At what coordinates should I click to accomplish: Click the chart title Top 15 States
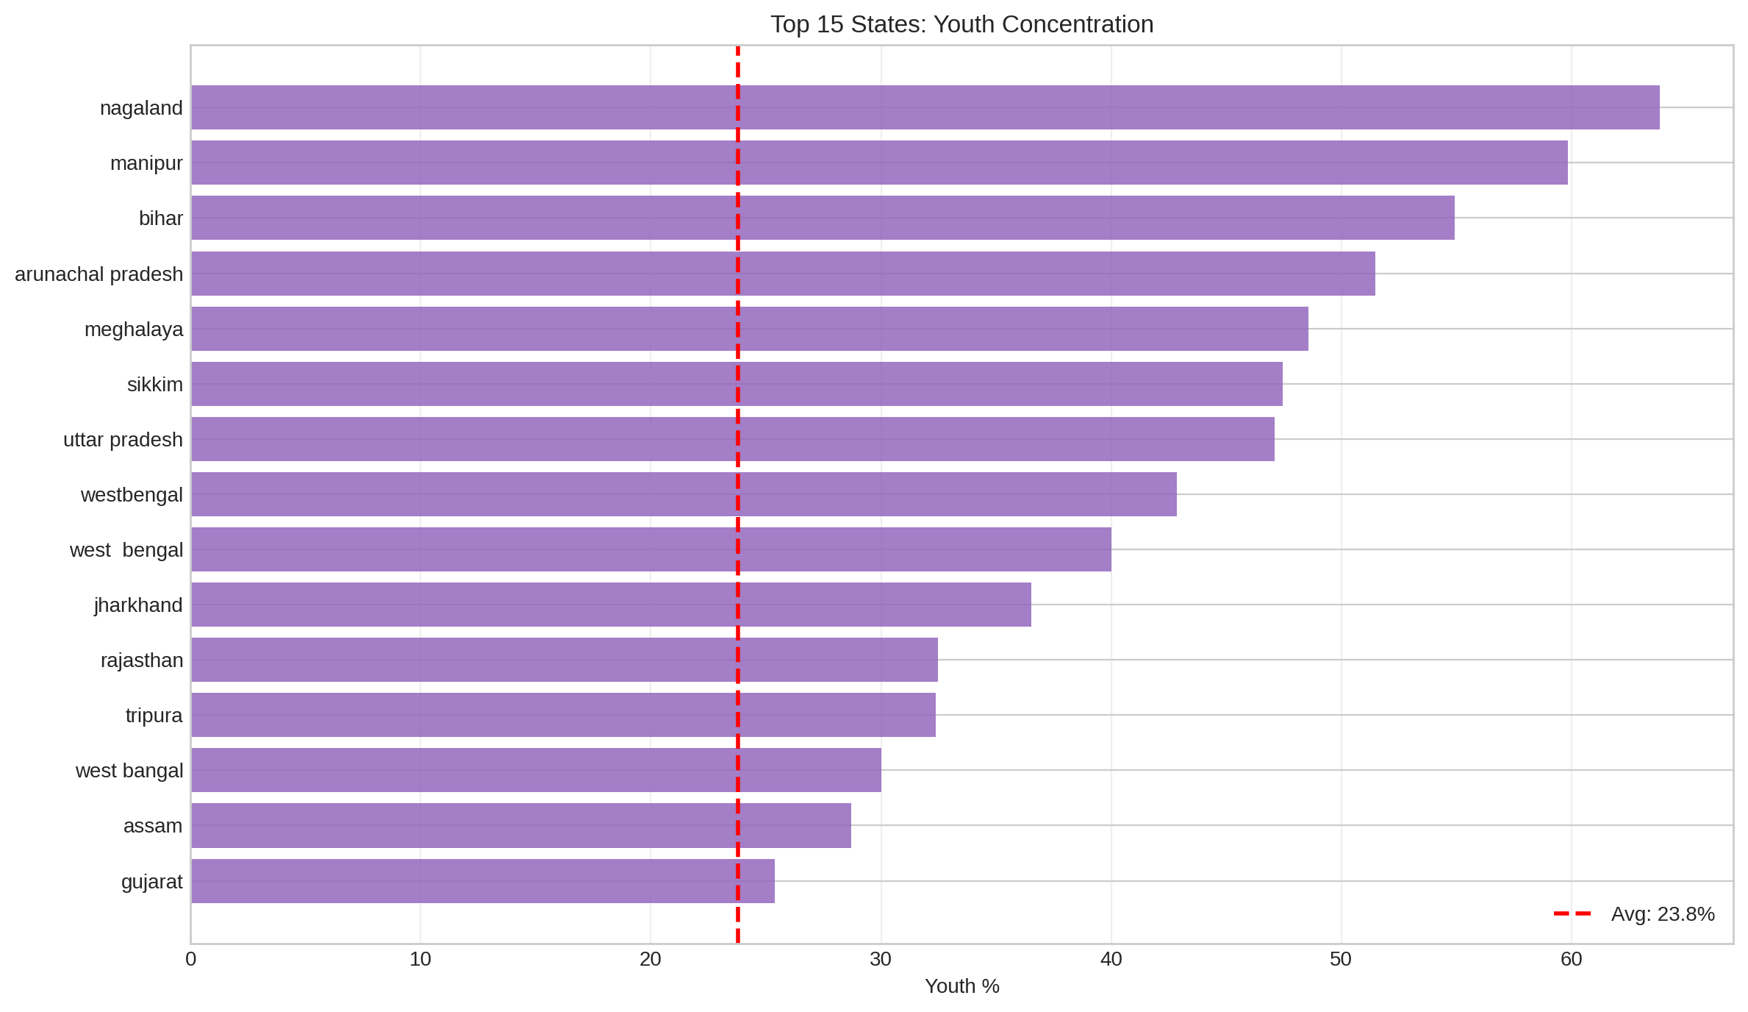[961, 24]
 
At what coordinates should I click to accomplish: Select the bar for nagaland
[925, 107]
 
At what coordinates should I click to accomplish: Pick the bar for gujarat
[482, 881]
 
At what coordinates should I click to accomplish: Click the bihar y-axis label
[160, 218]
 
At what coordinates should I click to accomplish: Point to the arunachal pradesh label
[98, 274]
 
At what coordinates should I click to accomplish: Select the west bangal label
[129, 771]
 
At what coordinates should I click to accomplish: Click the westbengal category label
[131, 495]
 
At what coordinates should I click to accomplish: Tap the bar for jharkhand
[610, 605]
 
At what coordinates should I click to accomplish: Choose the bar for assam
[520, 825]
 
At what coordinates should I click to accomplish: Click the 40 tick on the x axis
[1111, 960]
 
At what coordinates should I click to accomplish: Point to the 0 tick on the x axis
[191, 960]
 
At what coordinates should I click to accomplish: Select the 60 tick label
[1571, 960]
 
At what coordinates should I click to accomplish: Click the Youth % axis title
[961, 986]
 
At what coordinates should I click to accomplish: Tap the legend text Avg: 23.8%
[1663, 914]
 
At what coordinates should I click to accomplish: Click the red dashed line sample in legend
[1572, 914]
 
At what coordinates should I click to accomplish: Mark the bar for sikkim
[737, 384]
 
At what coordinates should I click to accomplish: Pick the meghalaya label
[133, 329]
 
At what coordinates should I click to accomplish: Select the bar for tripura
[563, 715]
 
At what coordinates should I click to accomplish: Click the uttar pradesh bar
[732, 439]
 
